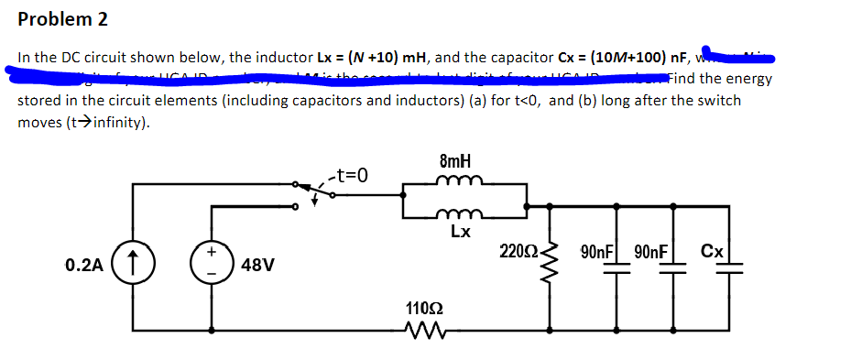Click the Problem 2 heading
[x=57, y=18]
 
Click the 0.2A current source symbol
[x=133, y=265]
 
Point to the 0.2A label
[x=84, y=267]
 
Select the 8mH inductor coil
[x=455, y=181]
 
